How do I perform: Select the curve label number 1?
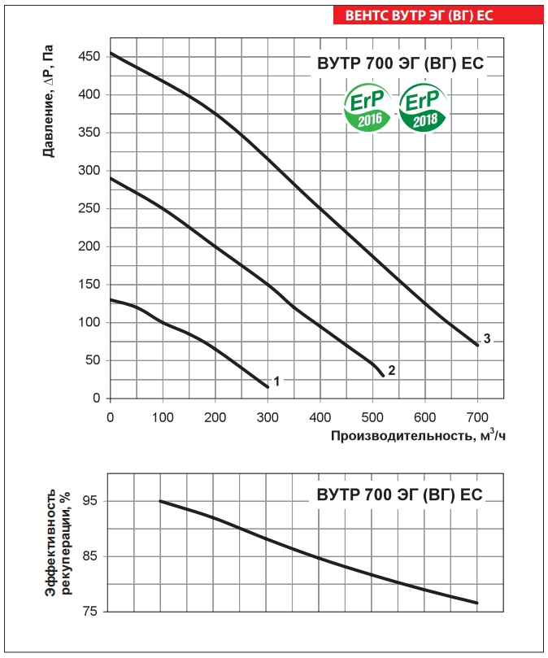276,381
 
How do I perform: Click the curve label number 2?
391,370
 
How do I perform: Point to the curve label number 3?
486,338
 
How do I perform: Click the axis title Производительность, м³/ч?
418,436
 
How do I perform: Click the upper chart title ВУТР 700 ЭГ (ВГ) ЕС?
400,63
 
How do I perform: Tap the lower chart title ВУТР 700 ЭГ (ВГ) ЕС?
400,495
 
